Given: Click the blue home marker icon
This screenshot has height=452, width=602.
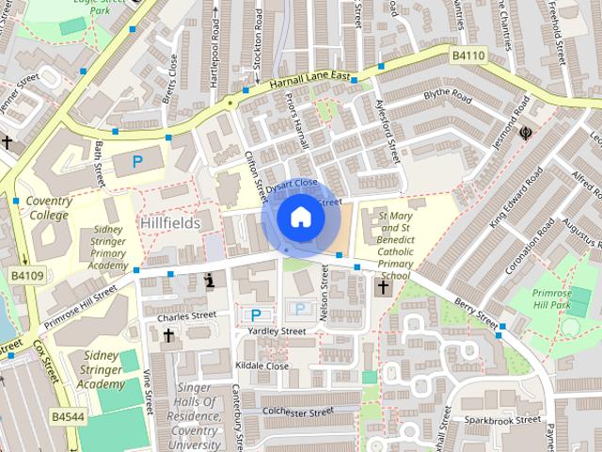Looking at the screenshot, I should [x=299, y=218].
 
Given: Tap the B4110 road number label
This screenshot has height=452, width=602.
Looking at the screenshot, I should [x=467, y=56].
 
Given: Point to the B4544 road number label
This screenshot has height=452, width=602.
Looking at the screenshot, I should [x=67, y=415].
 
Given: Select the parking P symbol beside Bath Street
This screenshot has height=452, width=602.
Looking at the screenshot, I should [x=137, y=162].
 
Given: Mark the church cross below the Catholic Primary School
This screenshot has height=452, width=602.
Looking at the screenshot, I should [x=383, y=288].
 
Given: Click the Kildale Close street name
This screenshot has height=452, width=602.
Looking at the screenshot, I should [x=263, y=364].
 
